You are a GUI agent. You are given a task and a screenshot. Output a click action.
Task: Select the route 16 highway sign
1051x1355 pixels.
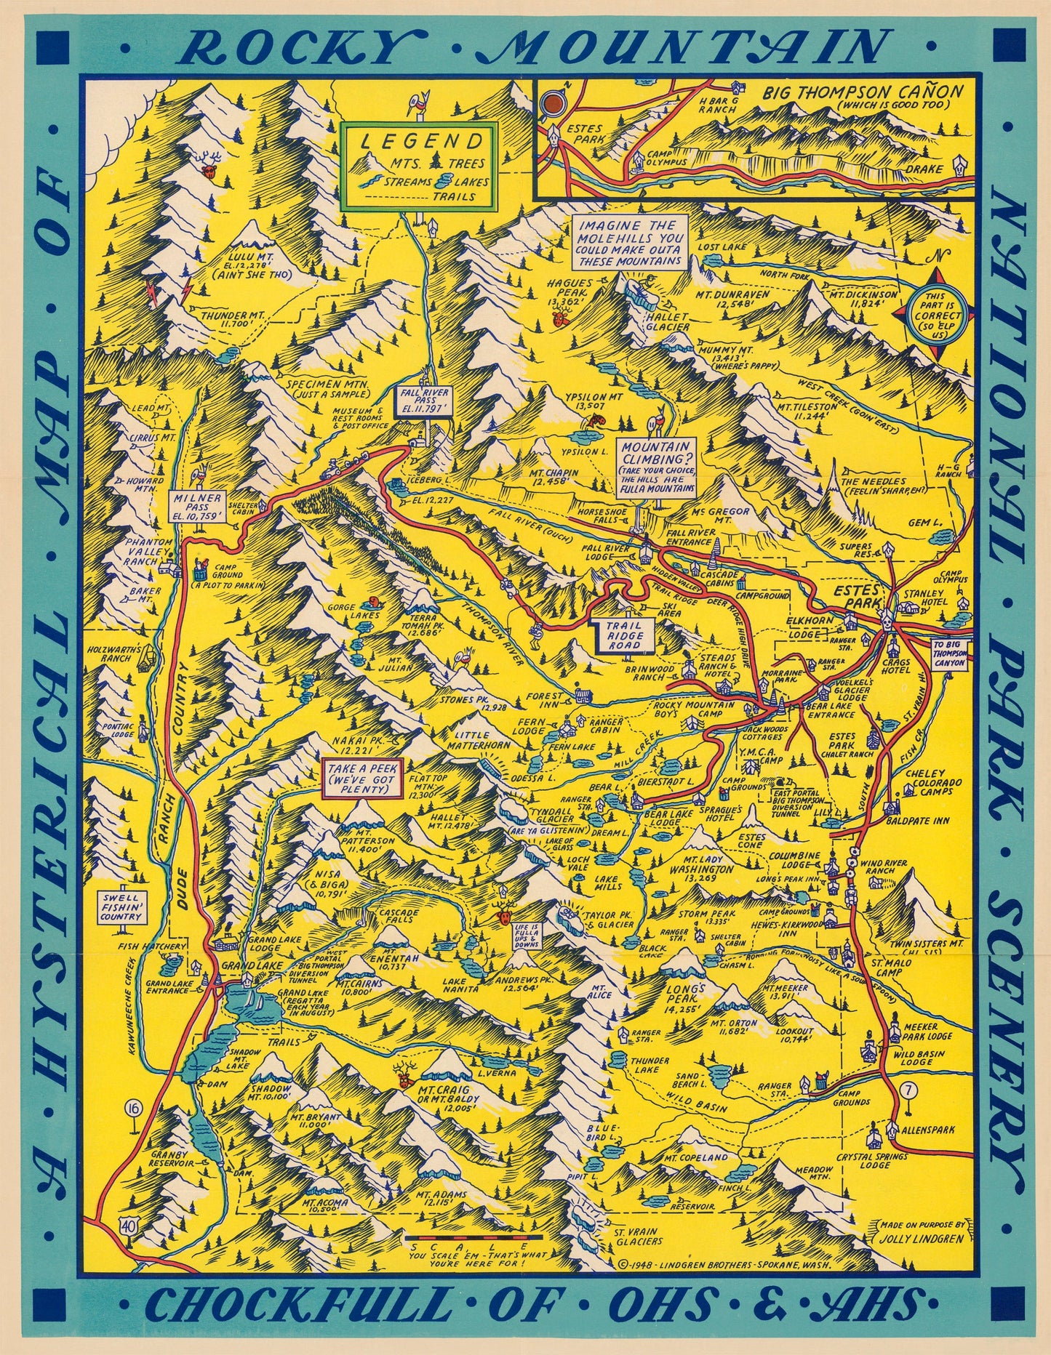132,1109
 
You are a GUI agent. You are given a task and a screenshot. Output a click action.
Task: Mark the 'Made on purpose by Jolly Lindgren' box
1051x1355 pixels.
922,1231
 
